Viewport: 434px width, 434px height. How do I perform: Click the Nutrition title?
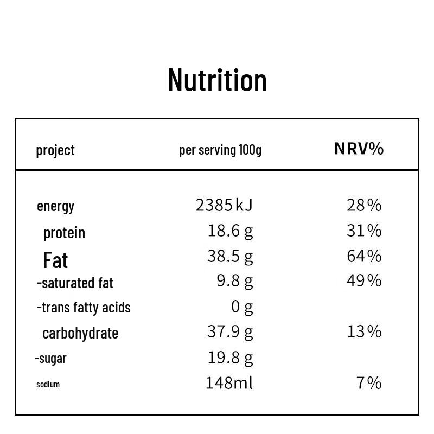[218, 80]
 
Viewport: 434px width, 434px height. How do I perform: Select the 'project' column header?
[55, 151]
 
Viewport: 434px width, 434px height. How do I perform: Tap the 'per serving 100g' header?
[220, 150]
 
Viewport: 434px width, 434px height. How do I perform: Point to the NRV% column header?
[359, 149]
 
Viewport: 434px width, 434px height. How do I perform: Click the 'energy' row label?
[56, 207]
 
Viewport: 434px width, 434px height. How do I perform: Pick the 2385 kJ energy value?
[224, 205]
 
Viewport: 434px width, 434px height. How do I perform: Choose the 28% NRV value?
[364, 206]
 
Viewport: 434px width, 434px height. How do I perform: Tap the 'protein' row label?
[64, 233]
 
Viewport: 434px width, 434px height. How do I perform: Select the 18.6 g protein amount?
[230, 231]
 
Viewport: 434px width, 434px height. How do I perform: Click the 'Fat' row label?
[55, 260]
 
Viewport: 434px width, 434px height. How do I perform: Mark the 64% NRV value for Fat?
[364, 256]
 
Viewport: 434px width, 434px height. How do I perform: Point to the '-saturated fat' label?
[75, 283]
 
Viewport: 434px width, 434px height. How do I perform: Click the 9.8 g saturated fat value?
[235, 281]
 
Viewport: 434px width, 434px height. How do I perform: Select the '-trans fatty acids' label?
[84, 308]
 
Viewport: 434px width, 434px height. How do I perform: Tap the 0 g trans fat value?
[242, 307]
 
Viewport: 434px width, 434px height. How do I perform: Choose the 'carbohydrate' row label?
[80, 333]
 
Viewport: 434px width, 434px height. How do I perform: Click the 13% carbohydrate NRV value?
[365, 331]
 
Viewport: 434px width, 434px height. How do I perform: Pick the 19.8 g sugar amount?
[230, 358]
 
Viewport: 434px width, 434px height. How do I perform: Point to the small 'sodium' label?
[48, 385]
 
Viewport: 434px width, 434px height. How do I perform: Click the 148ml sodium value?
[229, 383]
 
